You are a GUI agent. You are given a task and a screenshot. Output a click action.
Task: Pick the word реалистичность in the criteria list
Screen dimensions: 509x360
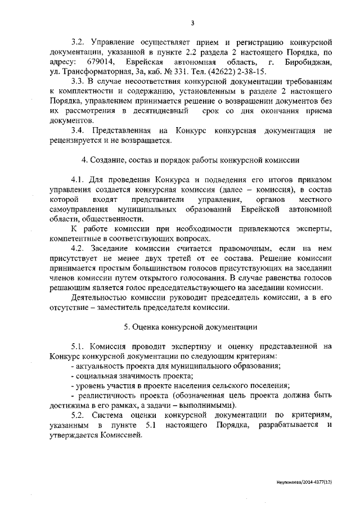103,395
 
